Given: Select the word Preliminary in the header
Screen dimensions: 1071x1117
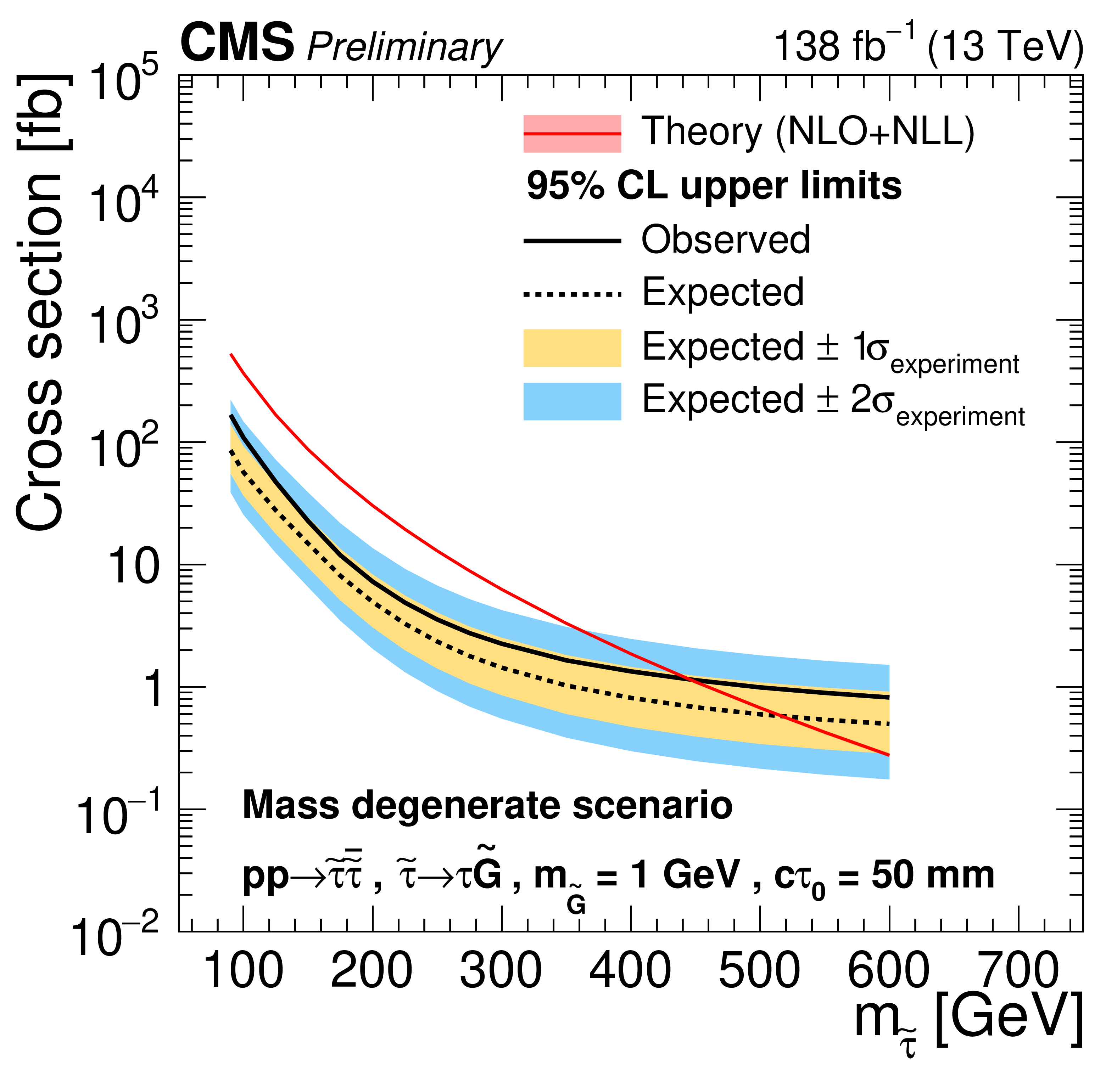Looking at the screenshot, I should coord(404,47).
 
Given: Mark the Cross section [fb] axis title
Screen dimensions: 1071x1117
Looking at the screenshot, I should coord(40,302).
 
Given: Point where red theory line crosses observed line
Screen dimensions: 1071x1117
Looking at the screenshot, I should coord(692,679).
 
